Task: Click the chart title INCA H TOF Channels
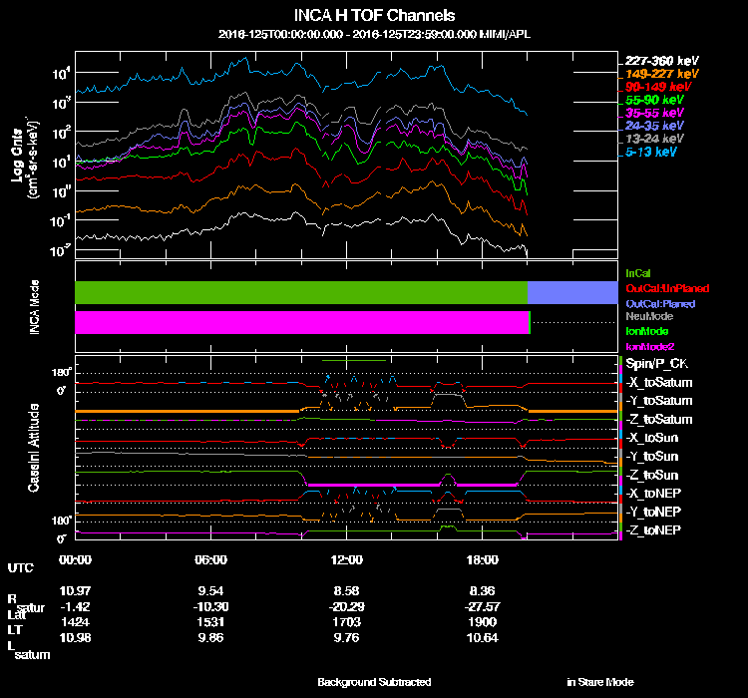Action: [374, 16]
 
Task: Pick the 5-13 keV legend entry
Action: [652, 153]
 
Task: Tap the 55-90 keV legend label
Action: [655, 100]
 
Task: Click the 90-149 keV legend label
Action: [657, 87]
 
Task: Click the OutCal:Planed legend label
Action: [659, 302]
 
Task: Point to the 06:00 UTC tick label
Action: [211, 559]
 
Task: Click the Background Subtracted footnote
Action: [374, 682]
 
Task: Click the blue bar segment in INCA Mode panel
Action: [571, 292]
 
